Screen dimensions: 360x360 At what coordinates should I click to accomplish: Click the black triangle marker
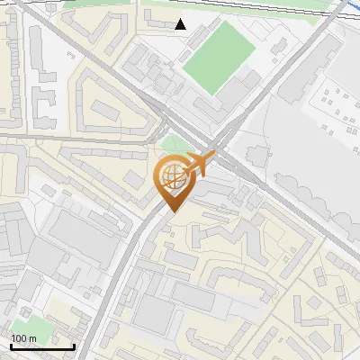(x=181, y=24)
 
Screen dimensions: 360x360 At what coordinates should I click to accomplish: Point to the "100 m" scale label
(x=23, y=338)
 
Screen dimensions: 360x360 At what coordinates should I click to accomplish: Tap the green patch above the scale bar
(x=27, y=326)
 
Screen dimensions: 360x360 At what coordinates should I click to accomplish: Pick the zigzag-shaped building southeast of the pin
(x=229, y=234)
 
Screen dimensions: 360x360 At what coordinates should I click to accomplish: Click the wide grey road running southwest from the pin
(x=130, y=270)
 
